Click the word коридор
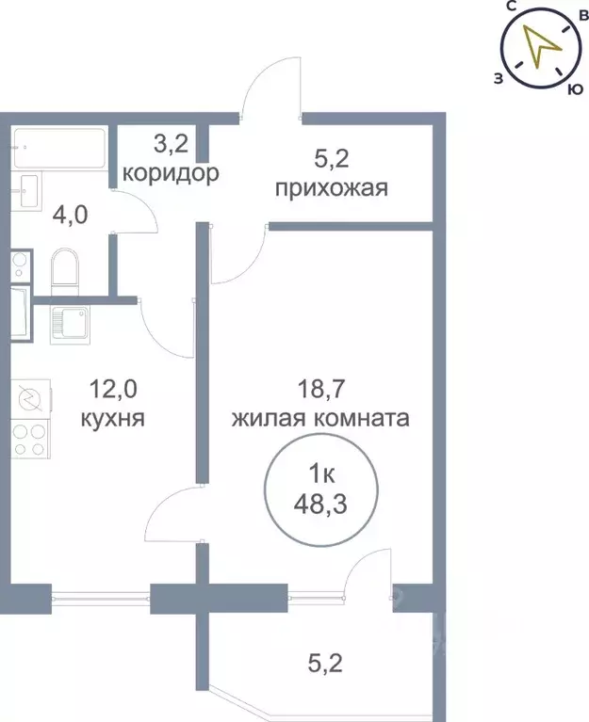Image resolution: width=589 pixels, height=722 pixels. (172, 173)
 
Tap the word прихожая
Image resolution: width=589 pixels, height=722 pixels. (332, 188)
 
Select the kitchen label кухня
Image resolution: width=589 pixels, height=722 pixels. (118, 418)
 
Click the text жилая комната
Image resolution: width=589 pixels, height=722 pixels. (321, 418)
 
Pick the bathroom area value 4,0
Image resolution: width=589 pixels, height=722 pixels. (72, 215)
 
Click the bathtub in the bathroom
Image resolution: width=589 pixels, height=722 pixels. (58, 148)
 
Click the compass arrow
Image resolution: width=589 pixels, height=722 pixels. (537, 47)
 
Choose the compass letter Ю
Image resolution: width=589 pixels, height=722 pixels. (571, 89)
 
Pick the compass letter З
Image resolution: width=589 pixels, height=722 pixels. (497, 78)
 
